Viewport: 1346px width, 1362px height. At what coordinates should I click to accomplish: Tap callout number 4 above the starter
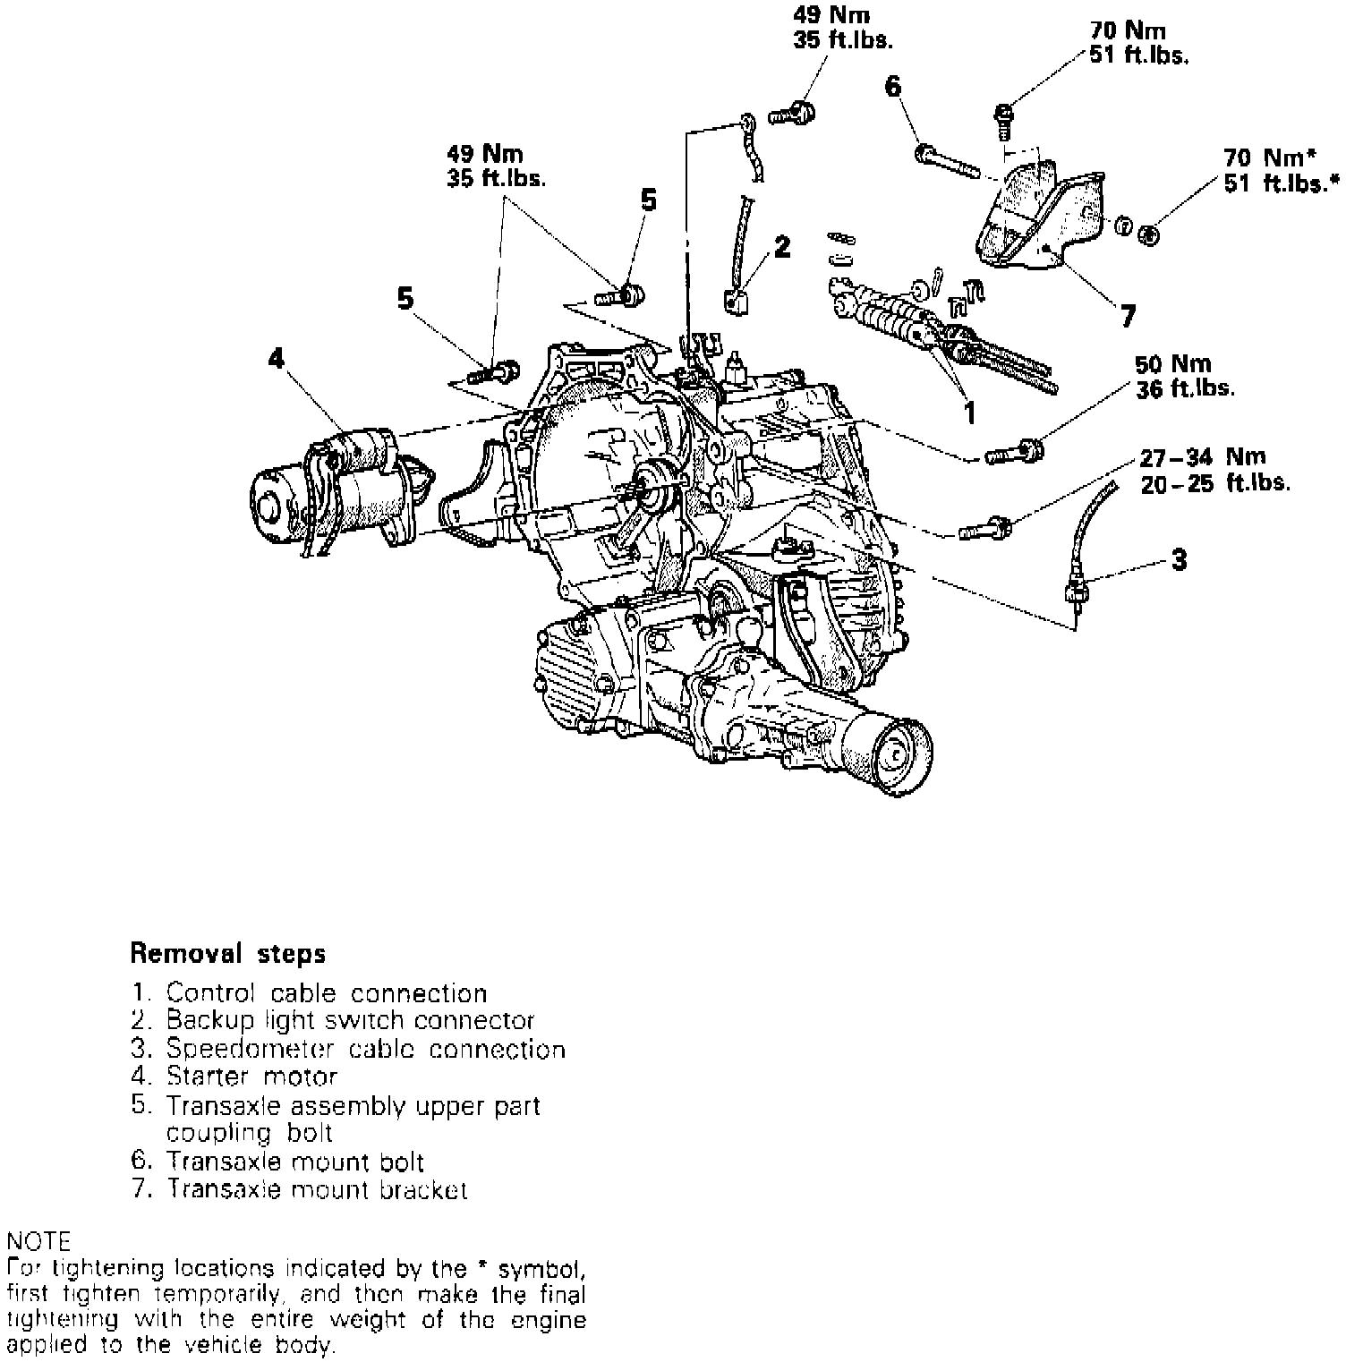[277, 359]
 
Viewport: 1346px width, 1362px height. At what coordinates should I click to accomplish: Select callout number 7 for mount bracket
[1128, 315]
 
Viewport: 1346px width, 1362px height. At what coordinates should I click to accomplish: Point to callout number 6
[893, 87]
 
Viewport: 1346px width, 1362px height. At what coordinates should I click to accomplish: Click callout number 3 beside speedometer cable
[1179, 560]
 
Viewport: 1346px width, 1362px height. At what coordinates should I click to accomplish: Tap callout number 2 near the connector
[782, 247]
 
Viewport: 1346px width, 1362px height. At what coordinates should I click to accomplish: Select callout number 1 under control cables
[968, 412]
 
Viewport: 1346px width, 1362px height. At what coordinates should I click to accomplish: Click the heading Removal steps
[228, 953]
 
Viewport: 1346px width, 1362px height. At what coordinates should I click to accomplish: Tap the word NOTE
[38, 1241]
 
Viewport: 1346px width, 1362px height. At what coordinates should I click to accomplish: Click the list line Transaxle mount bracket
[299, 1189]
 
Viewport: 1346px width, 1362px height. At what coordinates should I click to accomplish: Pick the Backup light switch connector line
[333, 1020]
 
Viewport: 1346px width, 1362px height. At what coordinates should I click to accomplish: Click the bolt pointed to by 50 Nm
[1014, 455]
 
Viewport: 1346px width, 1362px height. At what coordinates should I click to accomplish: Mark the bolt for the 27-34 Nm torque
[985, 529]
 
